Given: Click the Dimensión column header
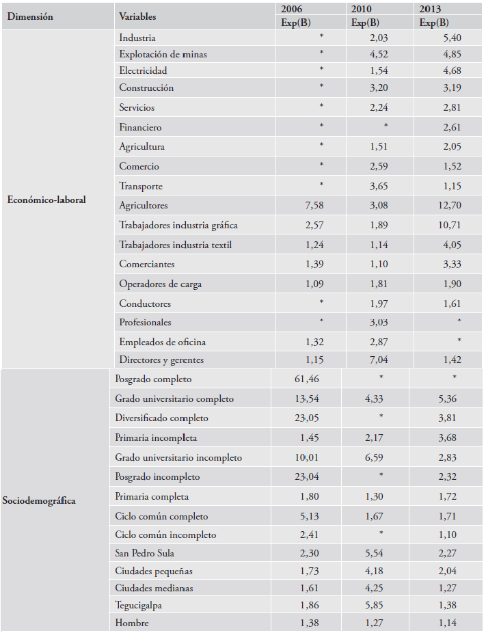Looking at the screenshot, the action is pyautogui.click(x=30, y=16).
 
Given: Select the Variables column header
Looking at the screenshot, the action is pyautogui.click(x=137, y=16).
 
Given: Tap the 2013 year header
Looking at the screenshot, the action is pyautogui.click(x=430, y=9).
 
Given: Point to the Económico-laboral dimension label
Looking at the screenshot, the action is pyautogui.click(x=46, y=200).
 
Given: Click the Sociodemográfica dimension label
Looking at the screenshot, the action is pyautogui.click(x=39, y=501).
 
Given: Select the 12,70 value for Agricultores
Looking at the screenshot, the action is pyautogui.click(x=449, y=206).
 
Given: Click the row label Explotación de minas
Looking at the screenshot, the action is pyautogui.click(x=163, y=55).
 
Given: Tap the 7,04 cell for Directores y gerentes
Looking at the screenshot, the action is pyautogui.click(x=379, y=360).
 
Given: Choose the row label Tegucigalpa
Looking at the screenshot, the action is pyautogui.click(x=139, y=606).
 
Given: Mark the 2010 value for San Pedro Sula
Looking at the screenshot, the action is pyautogui.click(x=374, y=553).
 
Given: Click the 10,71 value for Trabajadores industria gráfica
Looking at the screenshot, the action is pyautogui.click(x=449, y=226).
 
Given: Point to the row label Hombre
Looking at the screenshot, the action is pyautogui.click(x=132, y=623).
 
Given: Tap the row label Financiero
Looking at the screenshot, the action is pyautogui.click(x=140, y=128).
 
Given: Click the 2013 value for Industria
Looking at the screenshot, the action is pyautogui.click(x=452, y=38).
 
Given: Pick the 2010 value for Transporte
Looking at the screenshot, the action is pyautogui.click(x=379, y=186).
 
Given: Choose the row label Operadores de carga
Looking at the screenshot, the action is pyautogui.click(x=160, y=284).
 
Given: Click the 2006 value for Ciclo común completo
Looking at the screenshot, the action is pyautogui.click(x=310, y=516).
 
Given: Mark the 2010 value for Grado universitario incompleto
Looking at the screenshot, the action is pyautogui.click(x=374, y=458).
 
